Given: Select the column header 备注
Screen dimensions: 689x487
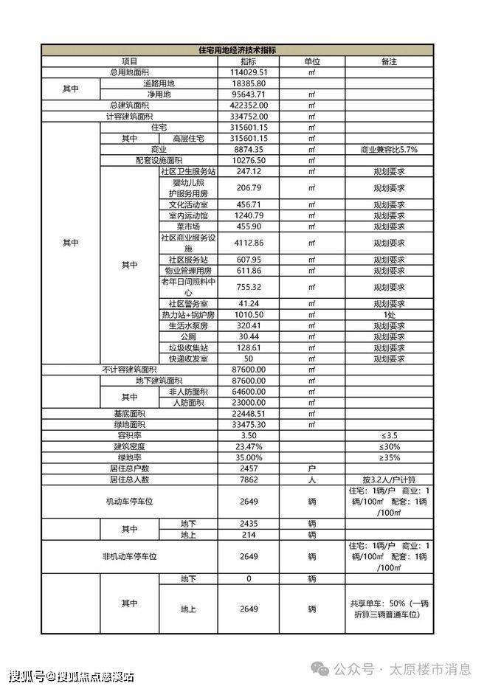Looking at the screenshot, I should [x=389, y=62].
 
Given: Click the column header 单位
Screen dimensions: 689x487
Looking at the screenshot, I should [x=311, y=62].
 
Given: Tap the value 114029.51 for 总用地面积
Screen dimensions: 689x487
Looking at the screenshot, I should [x=249, y=72].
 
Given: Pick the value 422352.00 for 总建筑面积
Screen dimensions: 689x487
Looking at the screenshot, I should [x=249, y=105].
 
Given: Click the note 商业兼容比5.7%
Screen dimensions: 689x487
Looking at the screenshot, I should [x=389, y=149].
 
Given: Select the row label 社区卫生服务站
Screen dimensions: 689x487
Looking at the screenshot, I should [x=189, y=170].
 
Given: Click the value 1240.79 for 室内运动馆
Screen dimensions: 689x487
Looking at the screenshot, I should [x=249, y=215].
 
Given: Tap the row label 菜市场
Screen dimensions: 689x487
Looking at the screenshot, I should [x=189, y=226].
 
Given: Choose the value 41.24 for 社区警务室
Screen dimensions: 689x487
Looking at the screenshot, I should [x=249, y=303].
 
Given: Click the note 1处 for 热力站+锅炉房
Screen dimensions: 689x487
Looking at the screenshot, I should [x=389, y=314].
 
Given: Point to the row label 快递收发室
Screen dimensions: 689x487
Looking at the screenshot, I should [x=189, y=359].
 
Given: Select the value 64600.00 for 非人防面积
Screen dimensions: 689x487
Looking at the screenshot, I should [x=249, y=392].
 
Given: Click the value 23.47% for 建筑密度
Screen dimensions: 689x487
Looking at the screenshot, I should [x=249, y=447].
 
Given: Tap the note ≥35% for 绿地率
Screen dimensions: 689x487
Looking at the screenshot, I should [x=389, y=457].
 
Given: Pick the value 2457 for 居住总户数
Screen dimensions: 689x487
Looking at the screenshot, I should [x=249, y=468].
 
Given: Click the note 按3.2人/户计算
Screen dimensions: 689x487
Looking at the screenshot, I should [x=389, y=479].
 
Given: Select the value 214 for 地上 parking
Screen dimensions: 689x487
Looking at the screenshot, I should [x=249, y=534].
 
